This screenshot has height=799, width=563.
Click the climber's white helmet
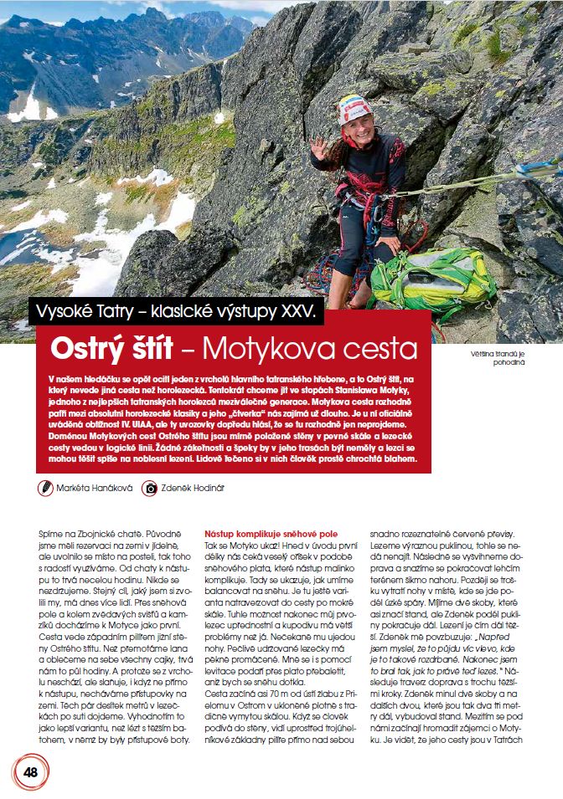[354, 110]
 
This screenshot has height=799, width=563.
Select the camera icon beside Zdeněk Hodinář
[150, 488]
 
